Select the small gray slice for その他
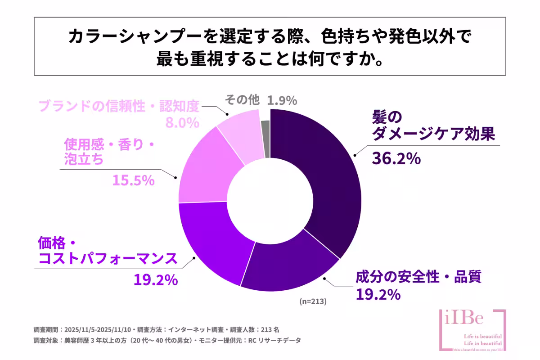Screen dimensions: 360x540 click(265, 139)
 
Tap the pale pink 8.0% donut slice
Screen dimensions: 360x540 click(241, 137)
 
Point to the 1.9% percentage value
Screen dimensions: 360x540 click(282, 100)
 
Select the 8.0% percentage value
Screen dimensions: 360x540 click(182, 122)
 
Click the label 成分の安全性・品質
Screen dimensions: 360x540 click(418, 277)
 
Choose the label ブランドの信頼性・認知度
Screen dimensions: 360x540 click(118, 106)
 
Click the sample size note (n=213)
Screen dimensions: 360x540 click(313, 301)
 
